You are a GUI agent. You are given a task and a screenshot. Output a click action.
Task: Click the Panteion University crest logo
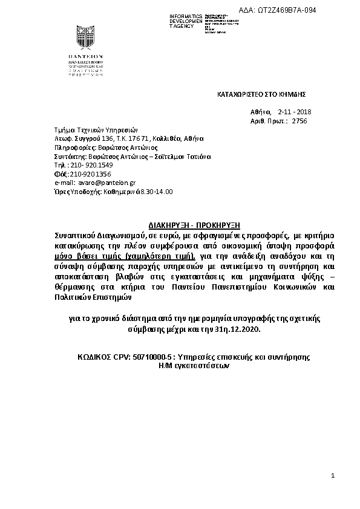(x=85, y=39)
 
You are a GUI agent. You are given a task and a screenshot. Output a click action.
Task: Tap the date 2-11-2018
(x=294, y=112)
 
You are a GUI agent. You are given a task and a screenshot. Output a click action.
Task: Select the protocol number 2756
(x=299, y=121)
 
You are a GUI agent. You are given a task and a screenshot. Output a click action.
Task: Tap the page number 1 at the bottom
(x=333, y=476)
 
